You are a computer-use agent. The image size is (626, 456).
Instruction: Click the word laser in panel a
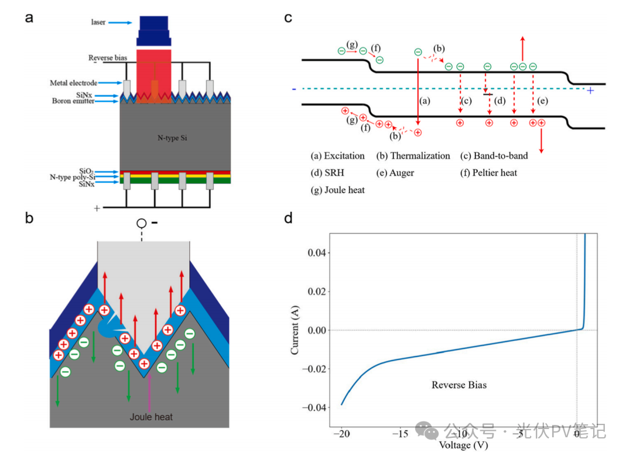98,22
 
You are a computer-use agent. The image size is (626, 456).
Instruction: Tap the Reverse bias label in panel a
108,58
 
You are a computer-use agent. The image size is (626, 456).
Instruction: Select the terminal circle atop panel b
142,223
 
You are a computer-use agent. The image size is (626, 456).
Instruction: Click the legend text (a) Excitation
338,156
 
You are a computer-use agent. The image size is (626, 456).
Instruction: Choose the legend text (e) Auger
395,173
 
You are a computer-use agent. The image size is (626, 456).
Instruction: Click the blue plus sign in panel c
590,91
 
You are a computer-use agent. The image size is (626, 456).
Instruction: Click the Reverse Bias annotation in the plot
459,385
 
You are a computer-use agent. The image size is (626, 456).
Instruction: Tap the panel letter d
288,220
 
